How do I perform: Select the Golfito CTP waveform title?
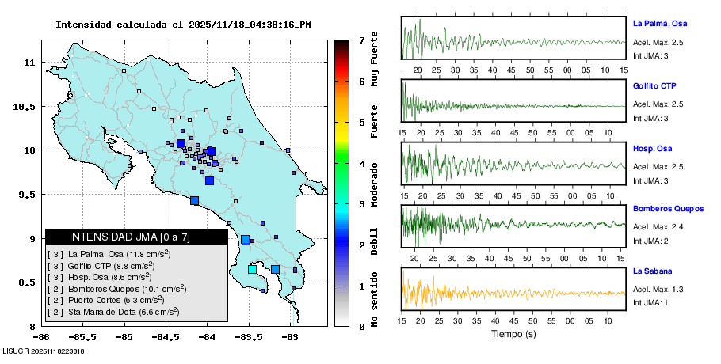click(x=654, y=85)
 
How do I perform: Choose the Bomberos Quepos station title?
click(x=668, y=209)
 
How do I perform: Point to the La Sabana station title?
click(x=651, y=271)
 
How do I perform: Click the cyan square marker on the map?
click(x=252, y=270)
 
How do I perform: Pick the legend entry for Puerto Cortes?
click(x=111, y=300)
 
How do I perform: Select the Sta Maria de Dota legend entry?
click(x=116, y=312)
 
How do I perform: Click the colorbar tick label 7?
click(x=361, y=40)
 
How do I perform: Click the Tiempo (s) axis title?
click(x=513, y=334)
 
